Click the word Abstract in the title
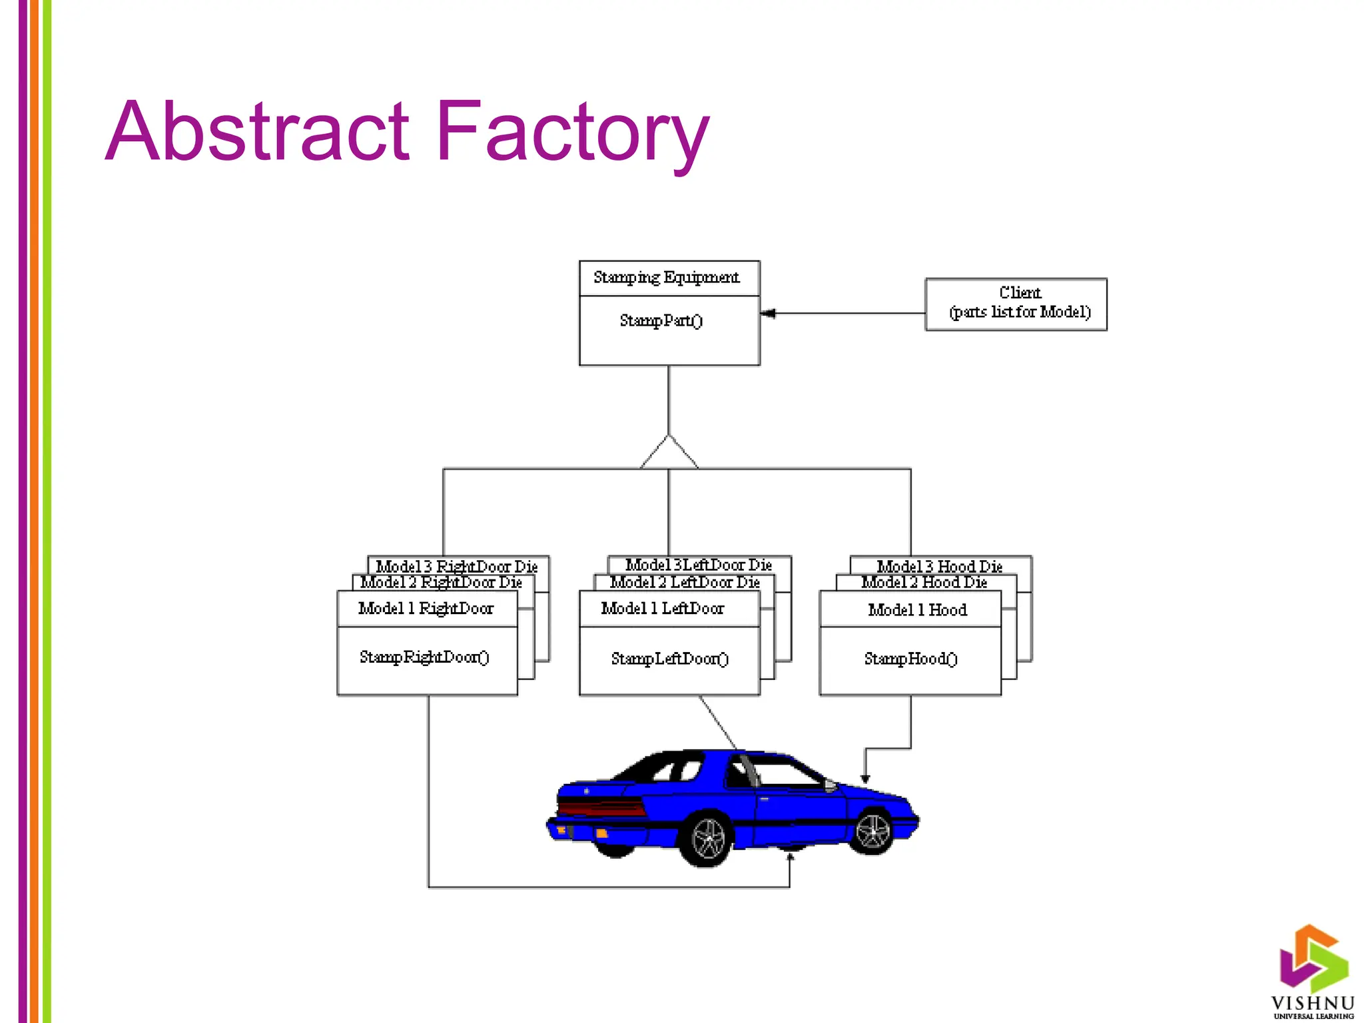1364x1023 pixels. pos(256,131)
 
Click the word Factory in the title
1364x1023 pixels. pos(573,131)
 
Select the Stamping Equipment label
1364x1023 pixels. pos(666,277)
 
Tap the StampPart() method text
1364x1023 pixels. pos(661,321)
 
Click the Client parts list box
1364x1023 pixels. pos(1016,304)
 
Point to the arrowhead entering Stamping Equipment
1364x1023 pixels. pos(768,313)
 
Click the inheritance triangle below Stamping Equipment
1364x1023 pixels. pos(669,454)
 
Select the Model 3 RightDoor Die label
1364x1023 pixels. pos(457,566)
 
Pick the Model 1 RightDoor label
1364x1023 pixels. pos(426,608)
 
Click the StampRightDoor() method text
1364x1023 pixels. pos(424,657)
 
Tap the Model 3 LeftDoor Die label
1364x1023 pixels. pos(699,565)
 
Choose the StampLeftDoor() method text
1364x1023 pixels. pos(669,659)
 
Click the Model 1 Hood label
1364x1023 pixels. pos(917,610)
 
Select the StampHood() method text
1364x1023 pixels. pos(910,659)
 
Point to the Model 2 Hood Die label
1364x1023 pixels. pos(924,582)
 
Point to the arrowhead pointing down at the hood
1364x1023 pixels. pos(865,778)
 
